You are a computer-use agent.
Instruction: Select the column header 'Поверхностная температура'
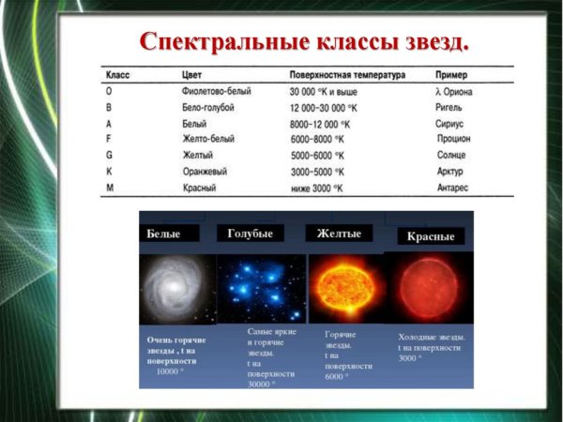[347, 74]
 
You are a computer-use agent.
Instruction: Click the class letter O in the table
[110, 91]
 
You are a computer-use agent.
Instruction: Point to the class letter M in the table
[110, 188]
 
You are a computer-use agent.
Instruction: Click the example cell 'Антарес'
[455, 188]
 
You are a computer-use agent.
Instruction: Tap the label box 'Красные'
[430, 236]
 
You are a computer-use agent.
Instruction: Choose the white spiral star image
[175, 286]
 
